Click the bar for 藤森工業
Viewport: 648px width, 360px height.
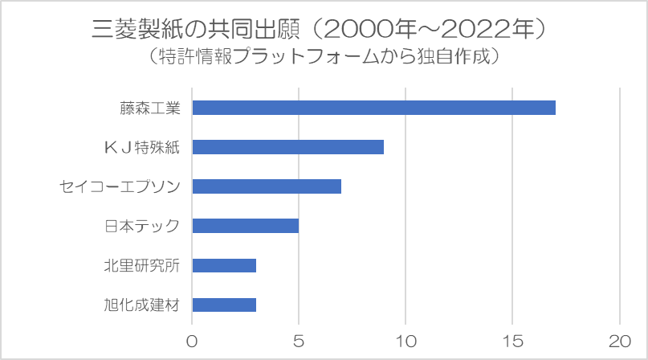pos(374,108)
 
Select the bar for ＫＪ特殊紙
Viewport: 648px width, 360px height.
pos(288,147)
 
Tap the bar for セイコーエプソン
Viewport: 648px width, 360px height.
pos(267,186)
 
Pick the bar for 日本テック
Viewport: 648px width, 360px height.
pos(246,226)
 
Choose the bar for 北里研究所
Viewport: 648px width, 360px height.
pos(224,265)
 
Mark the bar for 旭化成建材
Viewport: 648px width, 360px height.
pos(224,305)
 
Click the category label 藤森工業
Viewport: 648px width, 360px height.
pos(150,108)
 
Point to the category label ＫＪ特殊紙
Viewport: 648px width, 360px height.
pos(142,147)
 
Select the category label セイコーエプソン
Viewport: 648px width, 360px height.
pos(120,186)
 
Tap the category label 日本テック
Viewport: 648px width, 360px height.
pos(142,227)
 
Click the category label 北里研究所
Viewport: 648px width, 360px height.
pos(142,266)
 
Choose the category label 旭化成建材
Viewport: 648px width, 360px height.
pos(142,305)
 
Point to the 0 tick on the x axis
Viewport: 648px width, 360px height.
pos(192,342)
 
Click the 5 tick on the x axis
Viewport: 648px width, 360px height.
pos(299,342)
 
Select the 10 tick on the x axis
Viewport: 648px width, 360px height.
pos(406,342)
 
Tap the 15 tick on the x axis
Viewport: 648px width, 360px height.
pos(513,342)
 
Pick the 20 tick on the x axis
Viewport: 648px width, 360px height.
pos(620,342)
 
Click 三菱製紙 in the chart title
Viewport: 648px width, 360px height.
pos(137,30)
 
